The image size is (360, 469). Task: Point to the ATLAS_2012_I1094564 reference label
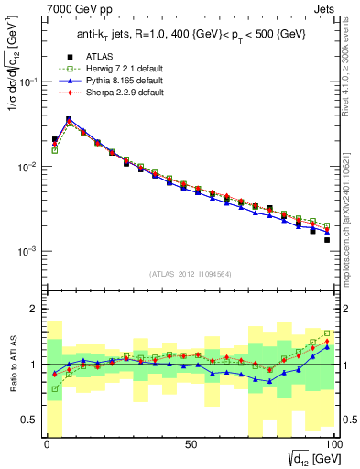(190, 273)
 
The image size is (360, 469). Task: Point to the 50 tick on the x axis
(191, 446)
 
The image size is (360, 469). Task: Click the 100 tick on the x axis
(333, 446)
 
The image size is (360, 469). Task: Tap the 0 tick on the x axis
(48, 446)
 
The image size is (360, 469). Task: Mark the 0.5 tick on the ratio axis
(35, 420)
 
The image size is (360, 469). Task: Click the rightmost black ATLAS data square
(326, 240)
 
